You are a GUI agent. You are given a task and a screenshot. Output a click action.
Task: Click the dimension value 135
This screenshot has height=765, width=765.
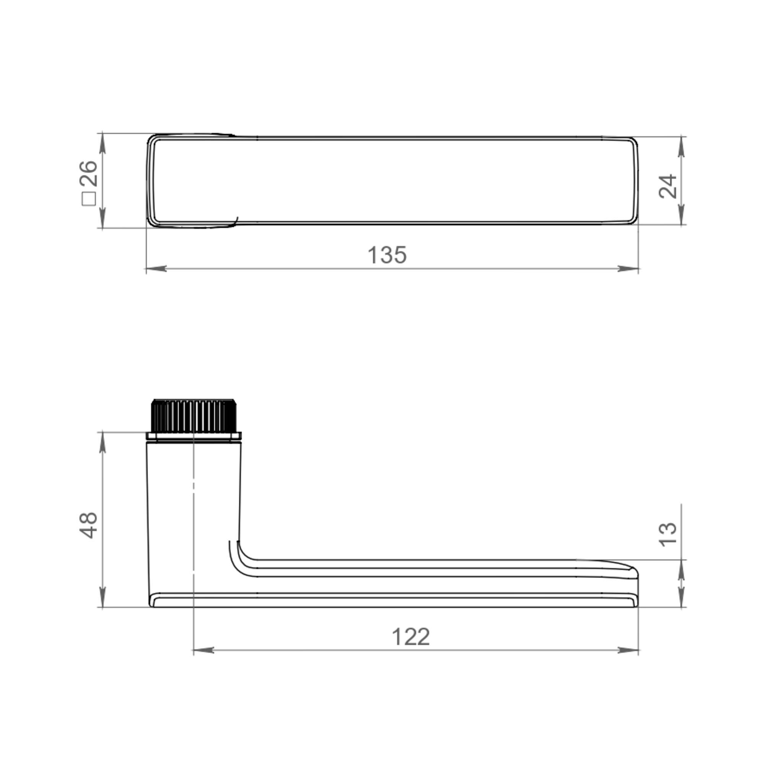(x=387, y=255)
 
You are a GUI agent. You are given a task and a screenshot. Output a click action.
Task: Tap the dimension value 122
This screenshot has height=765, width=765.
(x=410, y=637)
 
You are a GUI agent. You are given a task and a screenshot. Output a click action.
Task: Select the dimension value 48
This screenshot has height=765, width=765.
(x=89, y=525)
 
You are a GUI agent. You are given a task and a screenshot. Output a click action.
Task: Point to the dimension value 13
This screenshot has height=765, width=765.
(x=667, y=535)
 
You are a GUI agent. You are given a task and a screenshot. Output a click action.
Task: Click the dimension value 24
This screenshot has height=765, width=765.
(x=667, y=186)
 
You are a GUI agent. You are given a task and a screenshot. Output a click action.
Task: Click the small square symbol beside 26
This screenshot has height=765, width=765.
(x=89, y=199)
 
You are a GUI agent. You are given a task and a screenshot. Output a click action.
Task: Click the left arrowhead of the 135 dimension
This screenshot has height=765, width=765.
(x=156, y=269)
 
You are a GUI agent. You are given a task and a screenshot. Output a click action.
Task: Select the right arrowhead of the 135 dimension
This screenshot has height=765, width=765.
(x=628, y=269)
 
